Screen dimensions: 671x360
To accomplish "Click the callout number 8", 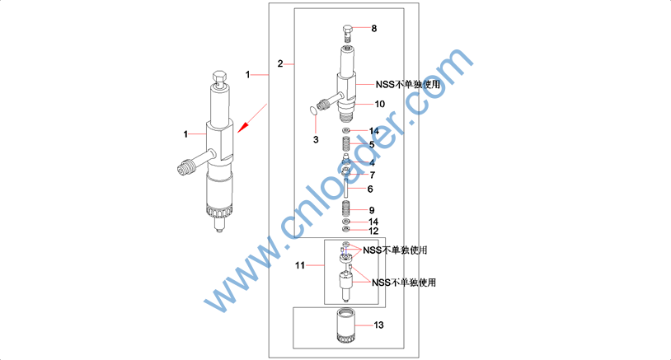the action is [374, 29].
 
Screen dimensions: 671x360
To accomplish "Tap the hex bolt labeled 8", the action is [348, 33].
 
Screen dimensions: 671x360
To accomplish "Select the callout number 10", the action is [380, 104].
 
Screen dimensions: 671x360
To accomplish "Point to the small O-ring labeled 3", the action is [314, 110].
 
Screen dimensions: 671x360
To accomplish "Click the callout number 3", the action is [316, 140].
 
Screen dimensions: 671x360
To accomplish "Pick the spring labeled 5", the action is [346, 144].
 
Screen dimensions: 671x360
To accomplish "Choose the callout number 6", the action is [370, 189].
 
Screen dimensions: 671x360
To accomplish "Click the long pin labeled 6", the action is [346, 189].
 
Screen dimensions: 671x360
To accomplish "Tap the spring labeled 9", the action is [346, 209].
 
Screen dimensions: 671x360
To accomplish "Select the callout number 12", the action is [373, 231].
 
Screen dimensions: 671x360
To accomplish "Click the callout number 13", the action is [378, 325].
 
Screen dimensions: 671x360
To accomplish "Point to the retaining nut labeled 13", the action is [345, 325].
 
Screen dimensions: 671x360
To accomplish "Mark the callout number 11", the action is [299, 265].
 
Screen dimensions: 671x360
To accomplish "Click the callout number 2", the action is [280, 64].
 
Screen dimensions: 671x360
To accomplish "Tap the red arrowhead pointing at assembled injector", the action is [242, 127].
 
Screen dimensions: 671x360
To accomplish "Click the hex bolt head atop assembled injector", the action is [219, 77].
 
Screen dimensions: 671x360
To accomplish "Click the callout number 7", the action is [373, 175].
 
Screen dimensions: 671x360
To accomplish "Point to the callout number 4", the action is [372, 163].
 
